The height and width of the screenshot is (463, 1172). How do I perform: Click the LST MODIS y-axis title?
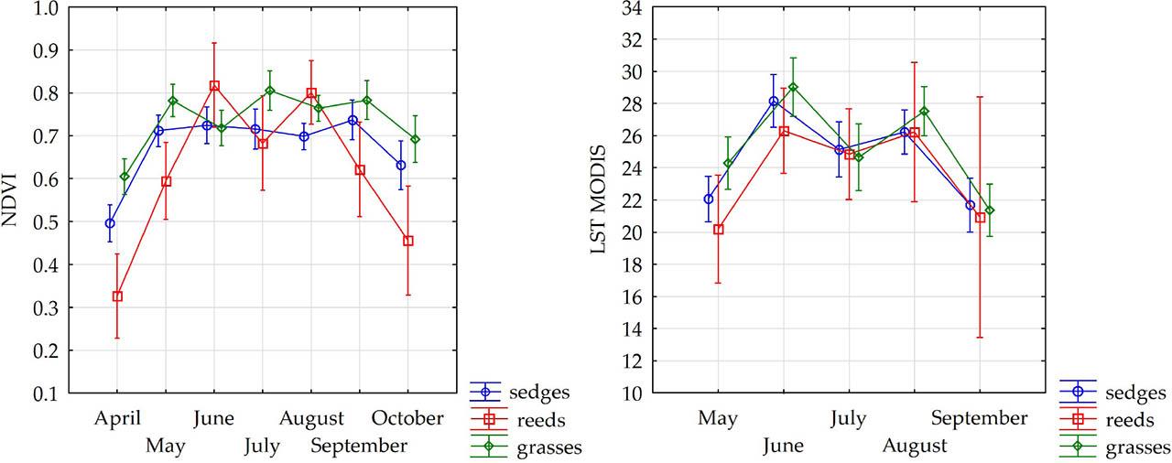pyautogui.click(x=601, y=199)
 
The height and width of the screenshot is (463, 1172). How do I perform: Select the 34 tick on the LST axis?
pyautogui.click(x=627, y=8)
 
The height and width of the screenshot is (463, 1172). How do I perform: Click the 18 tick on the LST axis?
pyautogui.click(x=627, y=265)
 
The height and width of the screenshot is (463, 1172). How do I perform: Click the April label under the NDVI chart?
pyautogui.click(x=117, y=419)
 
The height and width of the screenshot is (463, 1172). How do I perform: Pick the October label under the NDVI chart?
pyautogui.click(x=407, y=419)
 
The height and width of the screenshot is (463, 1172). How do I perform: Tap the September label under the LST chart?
pyautogui.click(x=980, y=419)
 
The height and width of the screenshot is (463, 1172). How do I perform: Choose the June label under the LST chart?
pyautogui.click(x=783, y=447)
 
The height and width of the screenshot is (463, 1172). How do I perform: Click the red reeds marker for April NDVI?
pyautogui.click(x=117, y=296)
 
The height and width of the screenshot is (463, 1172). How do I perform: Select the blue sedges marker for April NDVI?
pyautogui.click(x=110, y=222)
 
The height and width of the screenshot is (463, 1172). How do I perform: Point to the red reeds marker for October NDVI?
pyautogui.click(x=408, y=241)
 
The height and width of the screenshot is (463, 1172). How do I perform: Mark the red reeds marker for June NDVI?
pyautogui.click(x=214, y=86)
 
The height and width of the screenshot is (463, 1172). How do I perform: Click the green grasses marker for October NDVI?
pyautogui.click(x=416, y=139)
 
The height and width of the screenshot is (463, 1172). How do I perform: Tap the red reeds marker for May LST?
pyautogui.click(x=719, y=230)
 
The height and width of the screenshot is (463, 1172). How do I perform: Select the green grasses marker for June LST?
pyautogui.click(x=793, y=88)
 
